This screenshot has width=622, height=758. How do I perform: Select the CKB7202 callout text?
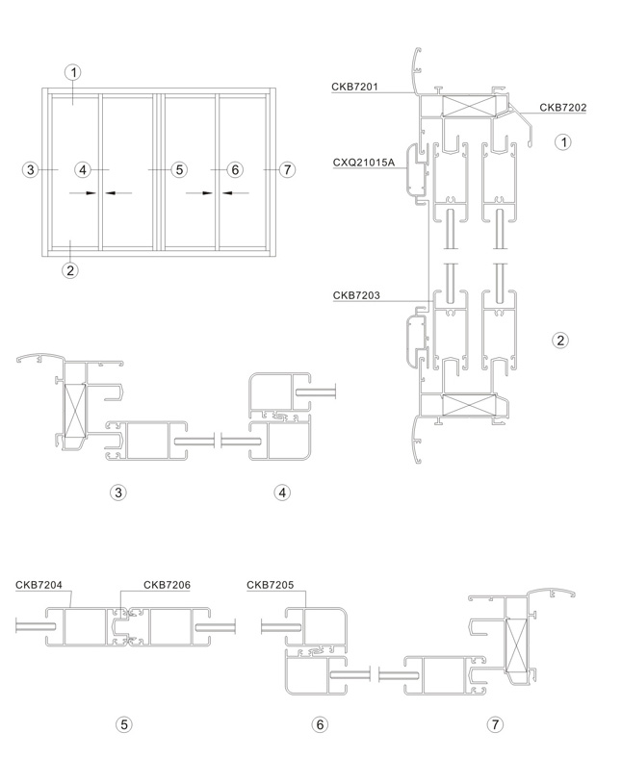562,107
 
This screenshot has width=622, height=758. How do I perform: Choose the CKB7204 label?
39,584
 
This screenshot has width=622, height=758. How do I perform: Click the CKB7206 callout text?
167,584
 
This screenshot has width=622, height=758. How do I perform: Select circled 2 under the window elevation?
70,269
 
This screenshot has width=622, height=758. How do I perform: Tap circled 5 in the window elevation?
178,170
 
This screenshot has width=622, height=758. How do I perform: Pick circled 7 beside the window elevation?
285,170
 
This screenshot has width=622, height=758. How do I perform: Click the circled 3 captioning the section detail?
118,493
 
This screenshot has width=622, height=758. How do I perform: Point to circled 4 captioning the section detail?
282,493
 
